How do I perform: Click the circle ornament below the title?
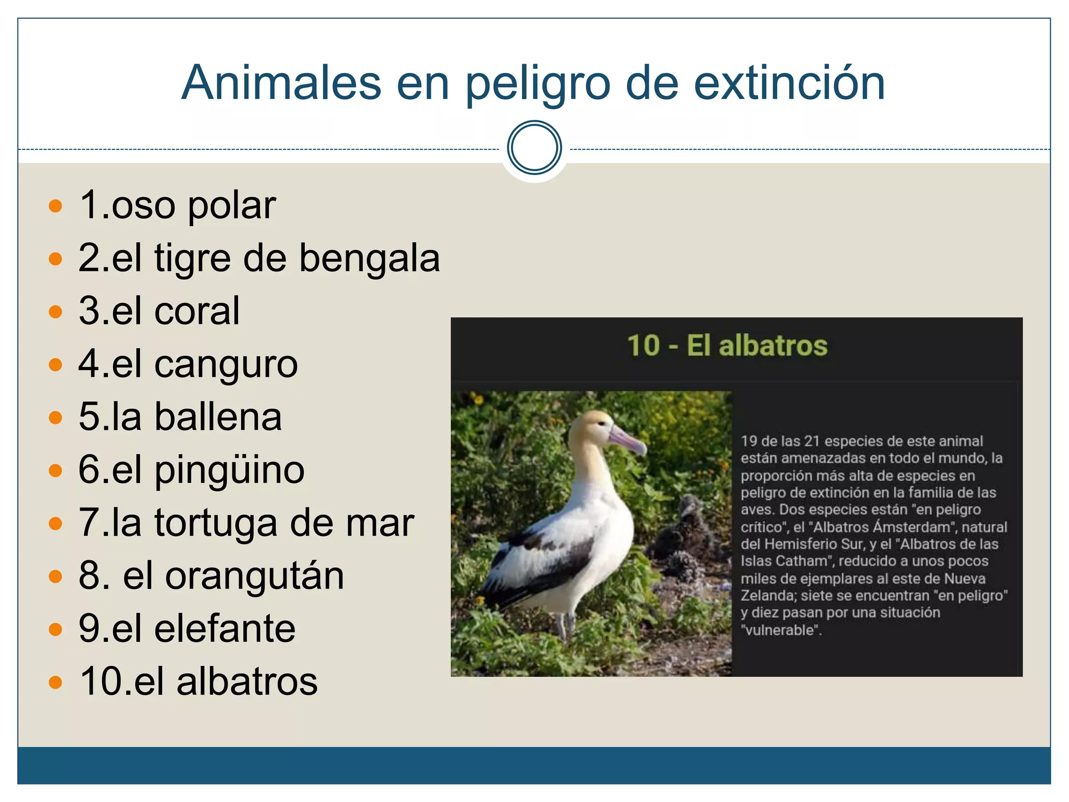[x=534, y=148]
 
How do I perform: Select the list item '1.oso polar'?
[x=177, y=205]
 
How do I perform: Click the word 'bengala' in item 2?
[x=370, y=258]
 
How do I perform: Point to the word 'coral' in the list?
[x=197, y=311]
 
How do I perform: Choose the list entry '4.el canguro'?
[x=188, y=364]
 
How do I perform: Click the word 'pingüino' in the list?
[x=229, y=470]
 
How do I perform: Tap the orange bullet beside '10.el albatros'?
[x=55, y=682]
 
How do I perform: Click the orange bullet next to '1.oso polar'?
[x=55, y=205]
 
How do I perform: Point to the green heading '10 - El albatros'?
[x=727, y=346]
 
